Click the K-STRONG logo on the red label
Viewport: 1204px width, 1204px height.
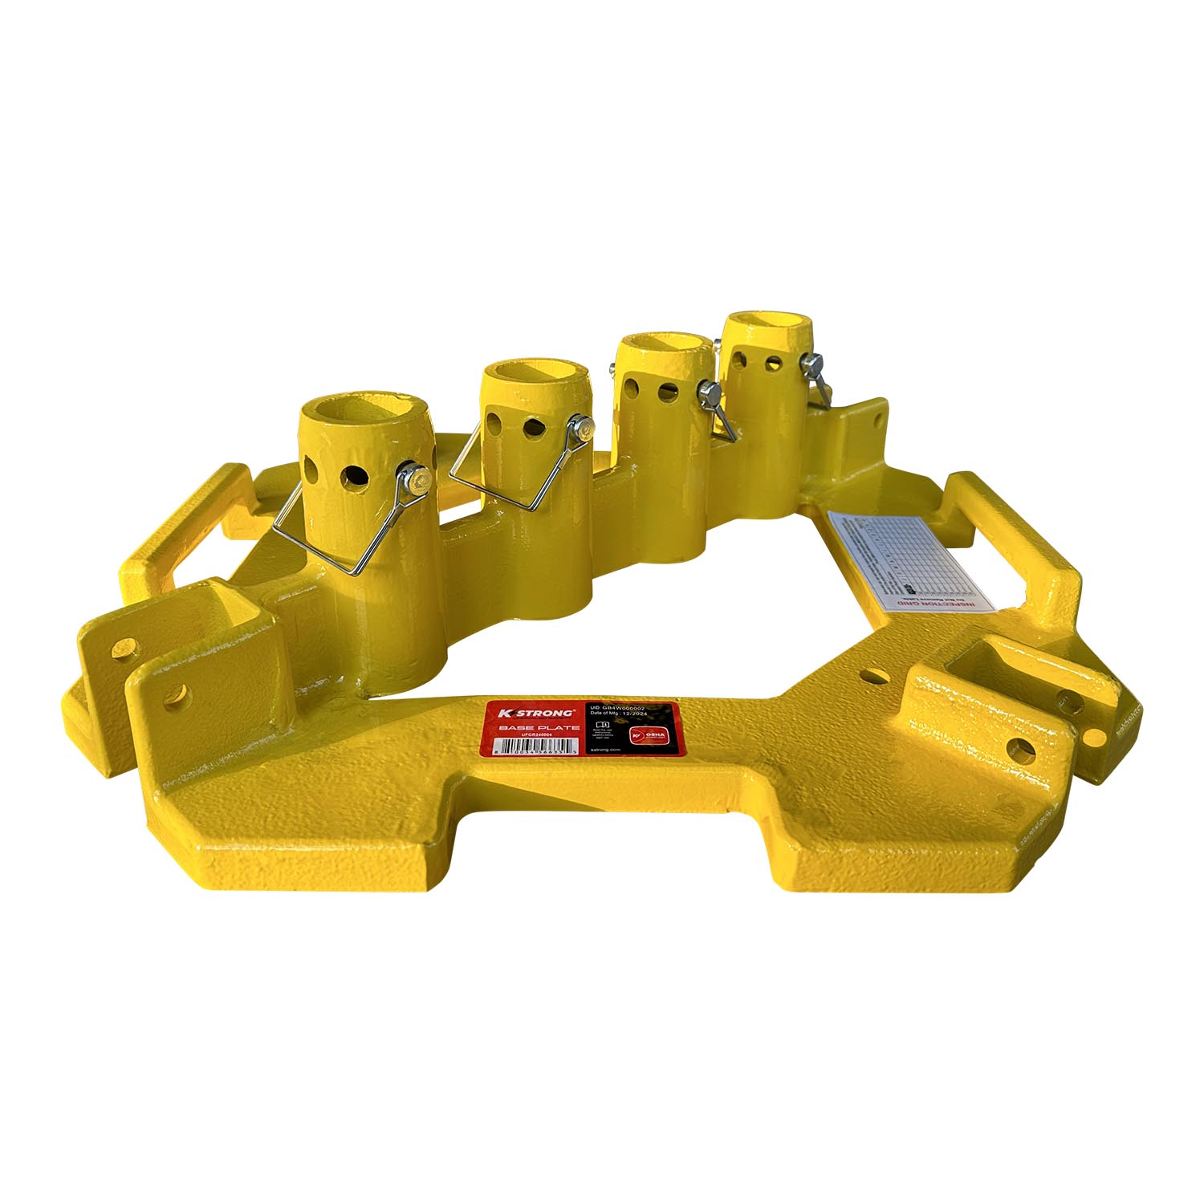[x=535, y=713]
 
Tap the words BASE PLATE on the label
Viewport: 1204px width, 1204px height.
[x=539, y=727]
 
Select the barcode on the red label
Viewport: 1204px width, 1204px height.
[x=534, y=746]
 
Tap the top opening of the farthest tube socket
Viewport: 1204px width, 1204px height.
[x=759, y=325]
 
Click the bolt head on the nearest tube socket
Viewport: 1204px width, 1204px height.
[x=415, y=481]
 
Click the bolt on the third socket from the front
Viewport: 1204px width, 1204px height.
[x=709, y=393]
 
